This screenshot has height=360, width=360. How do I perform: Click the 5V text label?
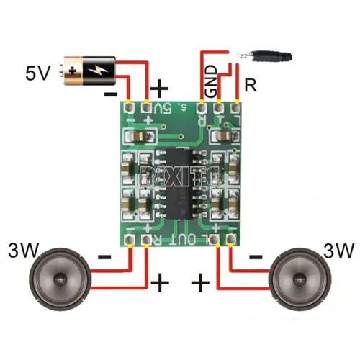pos(39,73)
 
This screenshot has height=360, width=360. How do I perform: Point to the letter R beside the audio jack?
pos(251,85)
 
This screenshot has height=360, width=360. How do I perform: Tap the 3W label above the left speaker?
pos(24,251)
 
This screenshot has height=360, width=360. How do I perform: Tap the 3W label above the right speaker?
pos(338,251)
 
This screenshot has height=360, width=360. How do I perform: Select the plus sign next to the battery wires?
pos(160,89)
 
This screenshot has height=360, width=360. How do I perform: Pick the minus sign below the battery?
pos(110,94)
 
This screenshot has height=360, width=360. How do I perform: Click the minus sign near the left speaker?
pos(104,256)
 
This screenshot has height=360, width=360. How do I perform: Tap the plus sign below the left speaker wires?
pos(159,282)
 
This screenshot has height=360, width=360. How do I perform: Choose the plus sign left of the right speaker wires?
pos(201,282)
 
